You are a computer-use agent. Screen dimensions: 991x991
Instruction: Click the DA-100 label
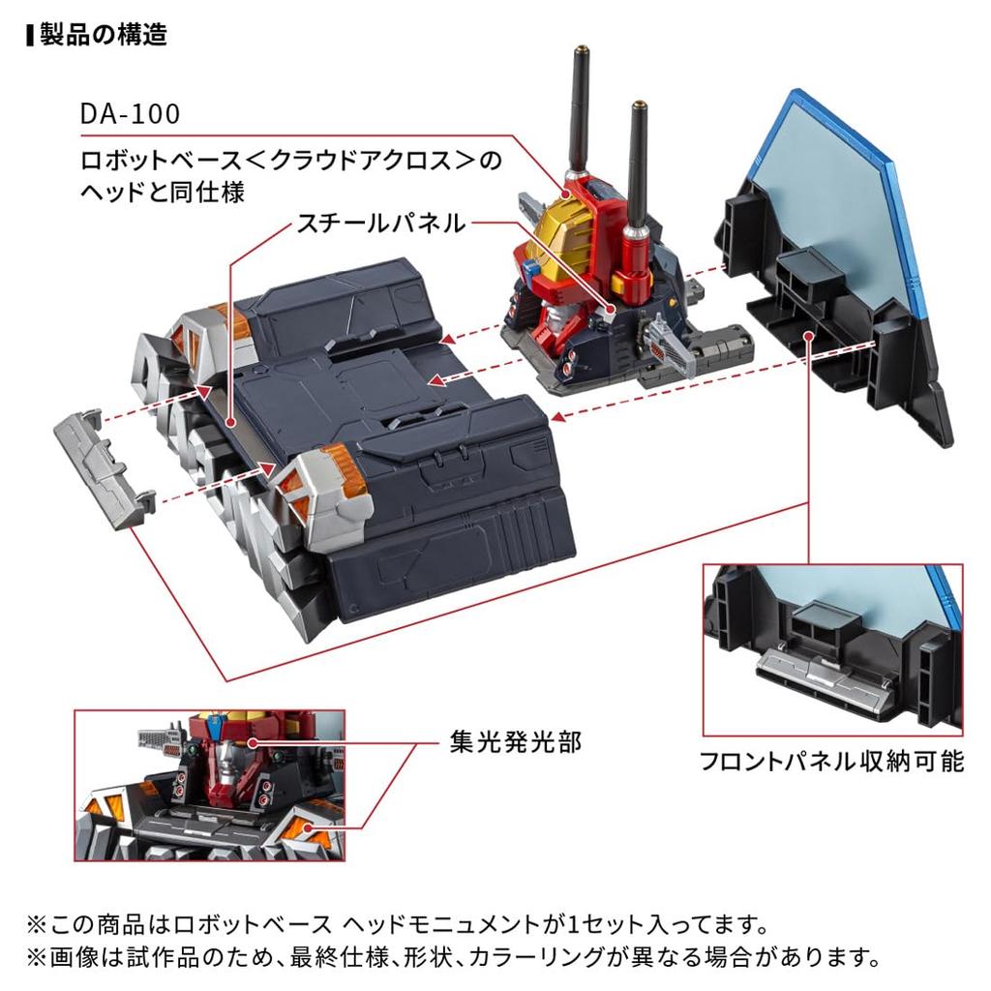click(131, 114)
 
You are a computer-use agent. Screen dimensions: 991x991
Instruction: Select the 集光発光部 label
click(514, 742)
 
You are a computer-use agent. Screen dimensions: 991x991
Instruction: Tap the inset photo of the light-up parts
click(209, 785)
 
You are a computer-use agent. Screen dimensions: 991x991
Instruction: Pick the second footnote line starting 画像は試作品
click(453, 958)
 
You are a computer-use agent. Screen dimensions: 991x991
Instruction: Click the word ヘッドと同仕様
click(162, 191)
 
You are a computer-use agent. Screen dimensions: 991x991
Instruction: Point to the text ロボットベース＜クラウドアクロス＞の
click(291, 160)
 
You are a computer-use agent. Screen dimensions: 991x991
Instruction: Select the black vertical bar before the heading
click(31, 35)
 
